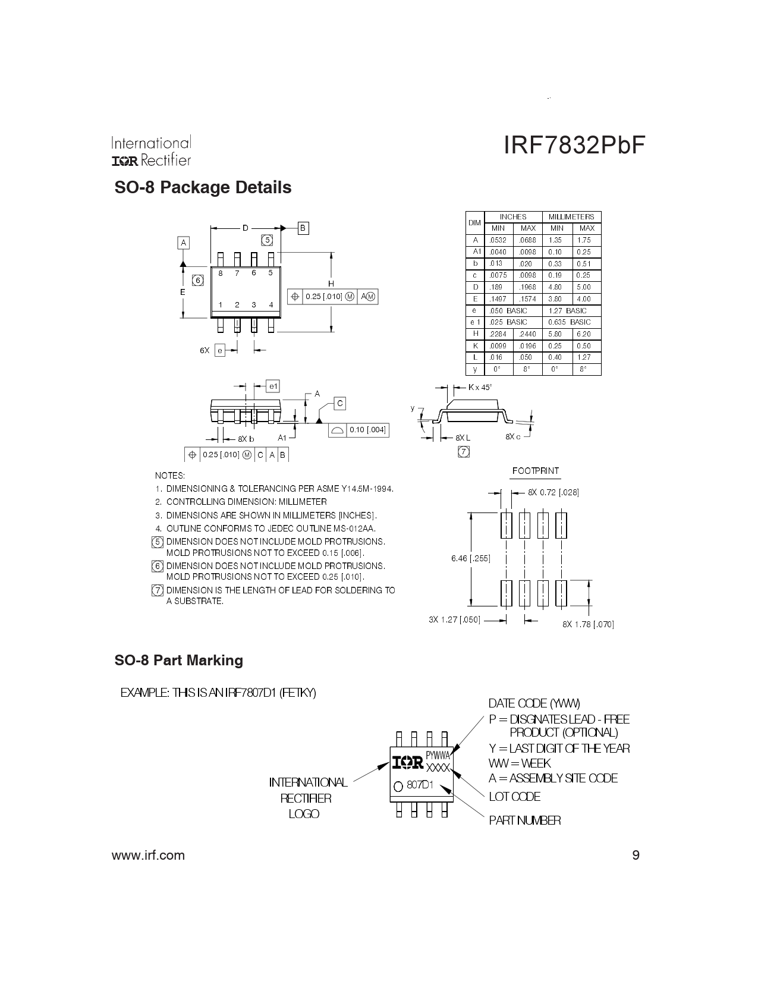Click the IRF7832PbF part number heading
coord(574,146)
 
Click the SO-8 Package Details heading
coord(203,187)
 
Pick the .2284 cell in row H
coord(498,334)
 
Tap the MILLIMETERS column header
coord(571,216)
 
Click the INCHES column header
coord(513,216)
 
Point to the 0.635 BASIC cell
coord(570,322)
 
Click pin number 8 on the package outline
coord(221,273)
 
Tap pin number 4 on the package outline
coord(271,305)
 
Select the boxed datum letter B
coord(303,228)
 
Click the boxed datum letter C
coord(340,403)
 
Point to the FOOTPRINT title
coord(536,471)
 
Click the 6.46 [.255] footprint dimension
coord(470,558)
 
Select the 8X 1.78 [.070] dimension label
coord(588,624)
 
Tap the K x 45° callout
coord(480,387)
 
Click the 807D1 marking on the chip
coord(419,785)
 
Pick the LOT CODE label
coord(515,797)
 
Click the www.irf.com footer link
coord(148,856)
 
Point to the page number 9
coord(636,855)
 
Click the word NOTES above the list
coord(170,476)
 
